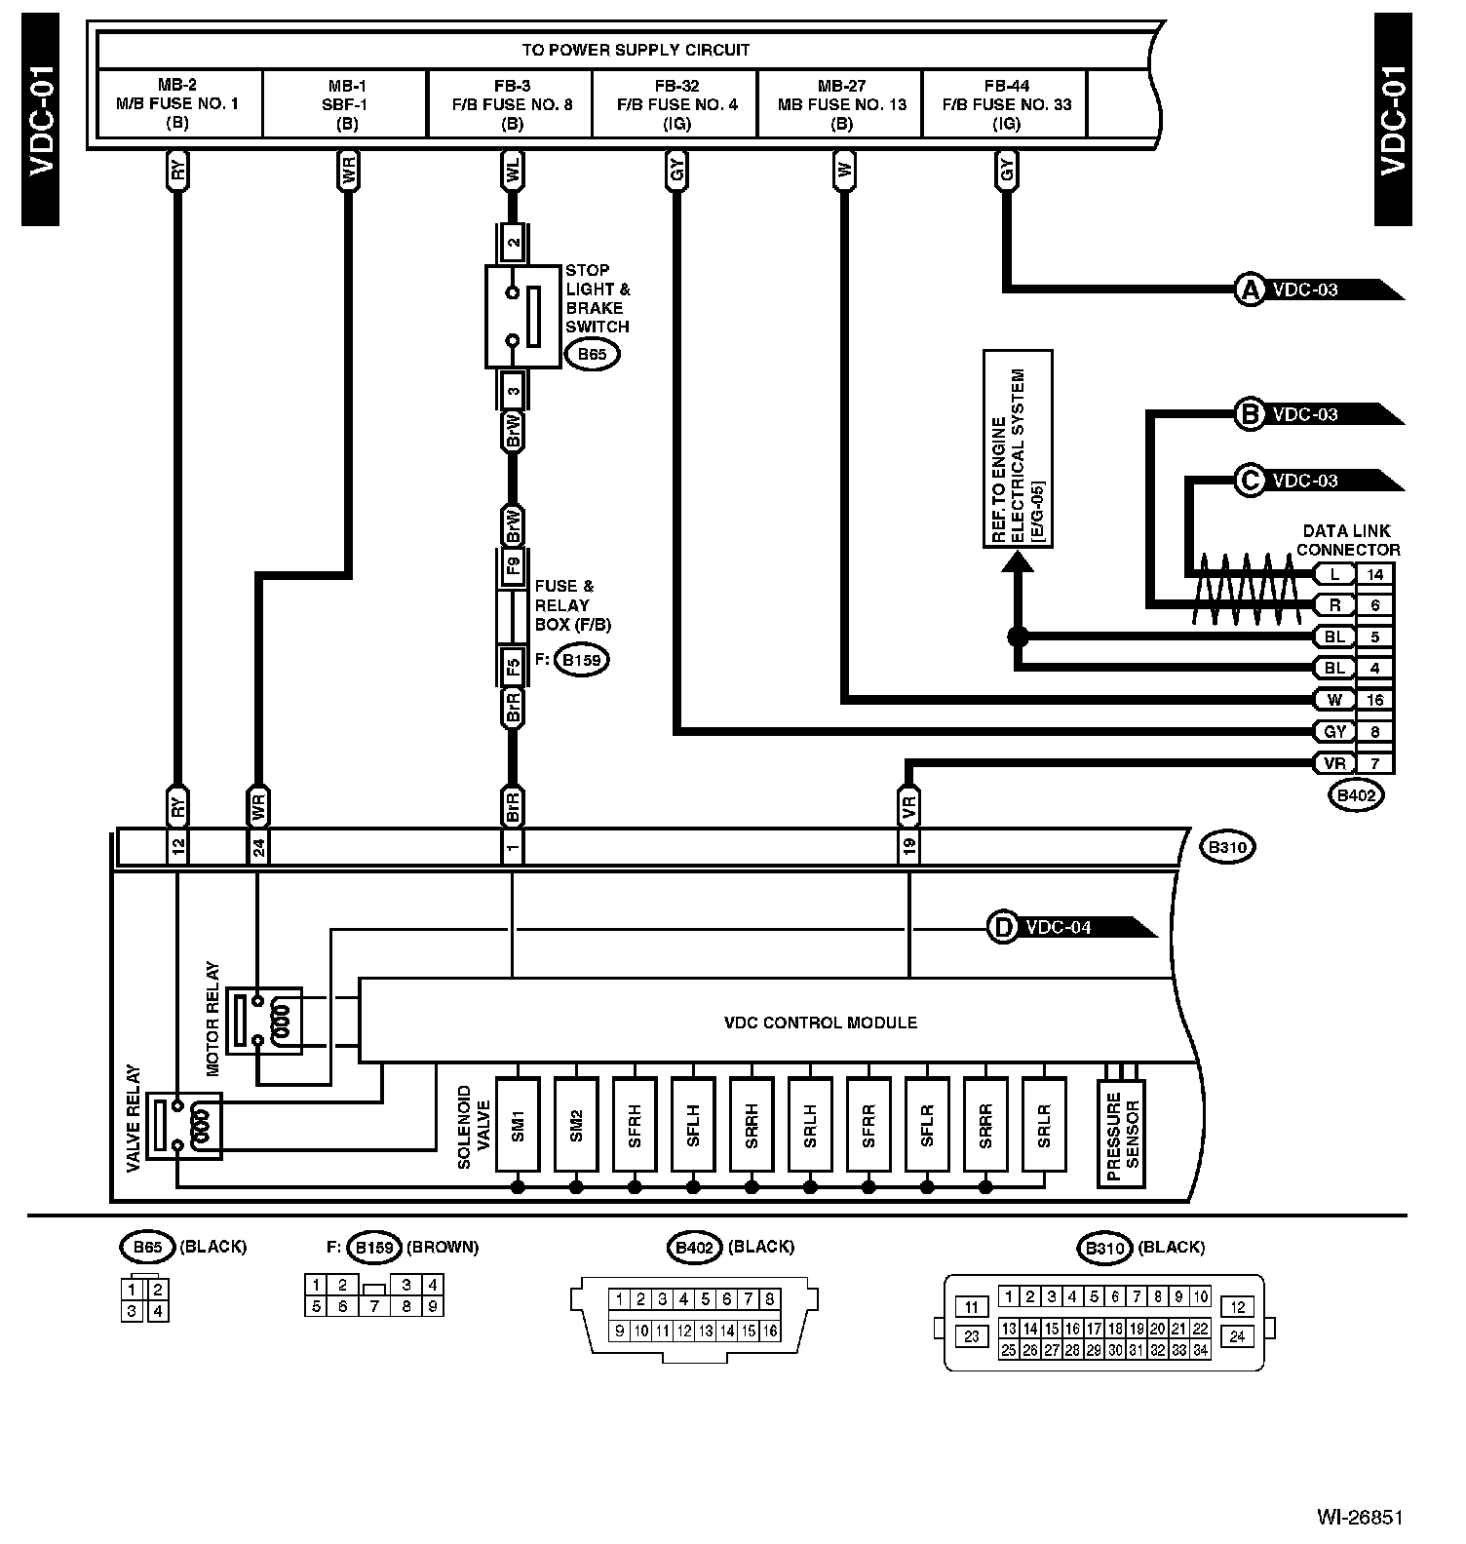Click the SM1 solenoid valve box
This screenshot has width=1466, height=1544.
pyautogui.click(x=518, y=1124)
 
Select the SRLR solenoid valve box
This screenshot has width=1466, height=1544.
pyautogui.click(x=1044, y=1124)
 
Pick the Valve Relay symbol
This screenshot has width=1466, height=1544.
pyautogui.click(x=184, y=1126)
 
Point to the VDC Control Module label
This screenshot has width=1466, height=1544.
pyautogui.click(x=820, y=1023)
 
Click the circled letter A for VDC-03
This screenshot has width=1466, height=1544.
pyautogui.click(x=1250, y=289)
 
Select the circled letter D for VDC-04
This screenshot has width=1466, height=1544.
pyautogui.click(x=1002, y=927)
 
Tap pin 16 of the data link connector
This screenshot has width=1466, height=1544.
pyautogui.click(x=1375, y=700)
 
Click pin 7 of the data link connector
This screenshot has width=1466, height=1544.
pyautogui.click(x=1375, y=763)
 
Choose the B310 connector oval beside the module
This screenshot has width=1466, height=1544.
pyautogui.click(x=1228, y=847)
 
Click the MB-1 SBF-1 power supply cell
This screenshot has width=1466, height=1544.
pyautogui.click(x=346, y=104)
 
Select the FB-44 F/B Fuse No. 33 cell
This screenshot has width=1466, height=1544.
pyautogui.click(x=1006, y=104)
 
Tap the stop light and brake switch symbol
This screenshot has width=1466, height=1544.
pyautogui.click(x=523, y=317)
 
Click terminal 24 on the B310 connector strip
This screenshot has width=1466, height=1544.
pyautogui.click(x=258, y=847)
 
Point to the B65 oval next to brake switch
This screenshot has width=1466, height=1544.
pyautogui.click(x=592, y=354)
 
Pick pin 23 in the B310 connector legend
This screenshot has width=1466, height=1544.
pyautogui.click(x=971, y=1336)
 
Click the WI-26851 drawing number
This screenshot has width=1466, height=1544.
pyautogui.click(x=1360, y=1518)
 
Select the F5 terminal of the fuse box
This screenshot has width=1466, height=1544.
pyautogui.click(x=513, y=667)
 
